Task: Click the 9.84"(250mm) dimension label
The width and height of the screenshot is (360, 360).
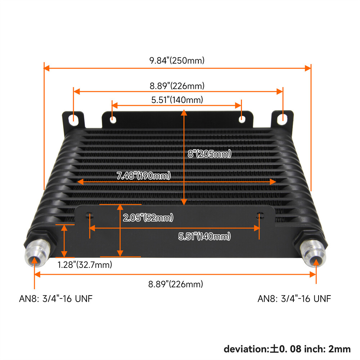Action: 177,60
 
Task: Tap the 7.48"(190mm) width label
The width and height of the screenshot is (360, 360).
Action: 144,176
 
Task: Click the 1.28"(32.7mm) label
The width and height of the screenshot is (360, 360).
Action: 85,265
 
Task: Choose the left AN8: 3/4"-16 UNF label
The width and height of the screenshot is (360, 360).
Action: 56,298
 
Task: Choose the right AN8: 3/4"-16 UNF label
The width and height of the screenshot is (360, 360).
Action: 294,298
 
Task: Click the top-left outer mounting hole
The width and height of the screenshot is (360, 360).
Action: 73,119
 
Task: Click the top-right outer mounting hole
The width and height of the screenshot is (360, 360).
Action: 283,117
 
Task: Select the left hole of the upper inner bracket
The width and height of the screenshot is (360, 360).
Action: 113,119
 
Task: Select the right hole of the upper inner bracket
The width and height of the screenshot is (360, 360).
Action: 242,118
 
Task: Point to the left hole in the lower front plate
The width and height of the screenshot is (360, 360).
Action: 89,216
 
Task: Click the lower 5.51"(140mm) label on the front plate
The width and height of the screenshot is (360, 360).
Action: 204,237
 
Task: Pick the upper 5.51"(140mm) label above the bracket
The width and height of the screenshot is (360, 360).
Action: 177,100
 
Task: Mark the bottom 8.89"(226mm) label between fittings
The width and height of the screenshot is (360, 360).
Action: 176,284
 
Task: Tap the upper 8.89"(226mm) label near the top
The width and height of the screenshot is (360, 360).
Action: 177,86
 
